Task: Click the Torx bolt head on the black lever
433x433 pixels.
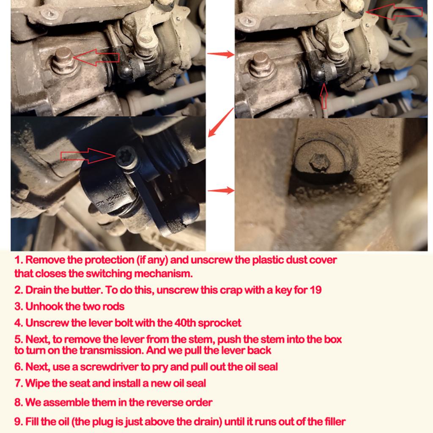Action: pyautogui.click(x=126, y=158)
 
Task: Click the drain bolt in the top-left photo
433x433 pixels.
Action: pyautogui.click(x=64, y=61)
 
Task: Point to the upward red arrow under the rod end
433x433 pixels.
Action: pyautogui.click(x=324, y=96)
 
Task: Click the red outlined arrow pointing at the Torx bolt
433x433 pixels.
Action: pyautogui.click(x=88, y=156)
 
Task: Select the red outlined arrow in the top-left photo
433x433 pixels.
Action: pyautogui.click(x=96, y=58)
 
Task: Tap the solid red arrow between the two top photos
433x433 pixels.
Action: pyautogui.click(x=220, y=54)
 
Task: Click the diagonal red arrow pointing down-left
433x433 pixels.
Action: pyautogui.click(x=221, y=122)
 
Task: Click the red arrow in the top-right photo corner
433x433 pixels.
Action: pyautogui.click(x=394, y=11)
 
